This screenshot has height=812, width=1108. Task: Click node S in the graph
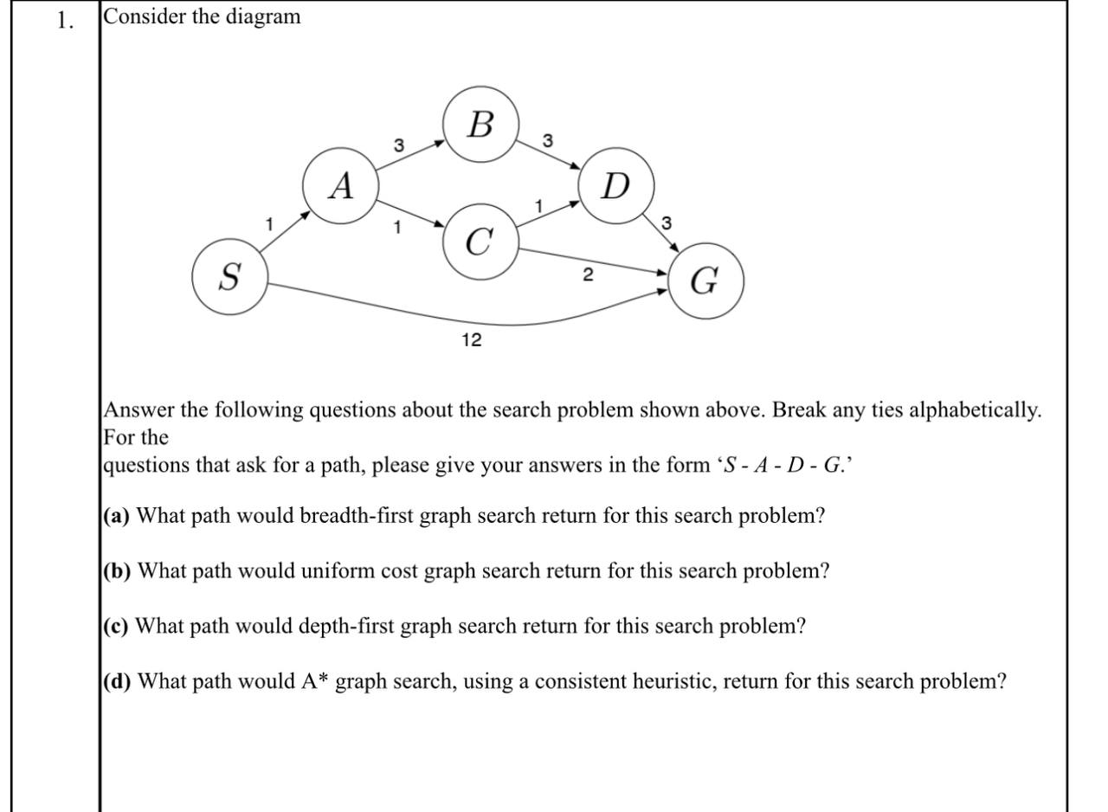229,278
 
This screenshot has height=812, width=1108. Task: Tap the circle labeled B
481,125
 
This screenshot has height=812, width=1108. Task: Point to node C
481,242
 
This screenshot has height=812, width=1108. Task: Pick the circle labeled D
615,186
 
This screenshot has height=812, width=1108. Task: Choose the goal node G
705,280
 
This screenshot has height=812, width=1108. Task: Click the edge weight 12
472,340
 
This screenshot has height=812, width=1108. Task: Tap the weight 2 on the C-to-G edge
589,275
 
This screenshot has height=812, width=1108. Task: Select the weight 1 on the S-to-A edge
269,223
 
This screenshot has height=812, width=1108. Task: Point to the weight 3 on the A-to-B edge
399,145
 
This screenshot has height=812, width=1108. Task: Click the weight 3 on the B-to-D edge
548,139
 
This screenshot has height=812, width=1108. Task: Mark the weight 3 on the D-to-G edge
666,223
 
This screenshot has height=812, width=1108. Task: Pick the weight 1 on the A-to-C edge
396,228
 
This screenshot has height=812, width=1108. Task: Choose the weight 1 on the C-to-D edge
538,206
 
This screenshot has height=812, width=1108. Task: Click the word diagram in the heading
263,16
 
